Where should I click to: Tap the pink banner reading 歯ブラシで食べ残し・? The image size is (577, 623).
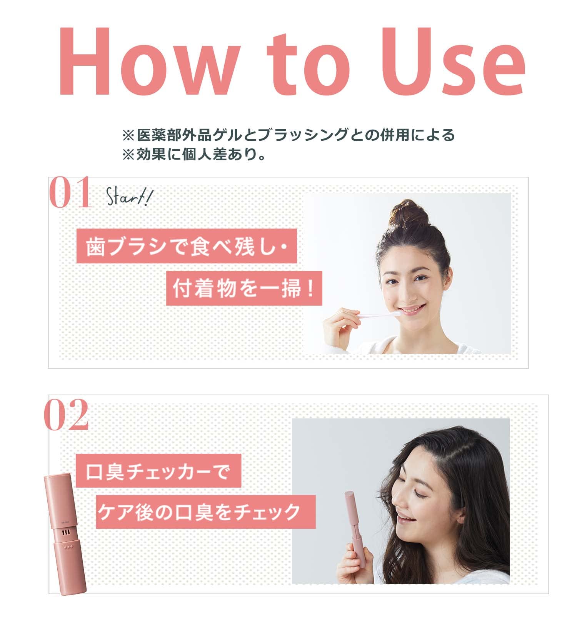[187, 246]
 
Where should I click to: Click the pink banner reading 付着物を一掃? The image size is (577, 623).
[244, 288]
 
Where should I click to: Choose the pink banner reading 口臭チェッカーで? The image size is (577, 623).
[158, 471]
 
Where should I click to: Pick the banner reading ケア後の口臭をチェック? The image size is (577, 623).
[205, 512]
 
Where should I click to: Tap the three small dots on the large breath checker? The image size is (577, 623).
[69, 547]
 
